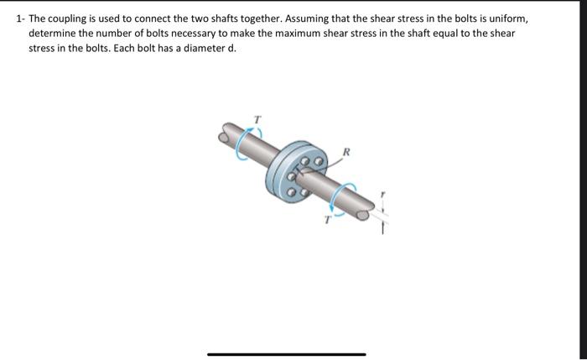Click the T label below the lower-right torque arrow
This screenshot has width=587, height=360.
328,221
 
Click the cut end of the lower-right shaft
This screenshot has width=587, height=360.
362,216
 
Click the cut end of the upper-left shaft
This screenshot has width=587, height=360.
226,130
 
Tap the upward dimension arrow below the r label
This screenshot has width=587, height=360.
382,225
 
